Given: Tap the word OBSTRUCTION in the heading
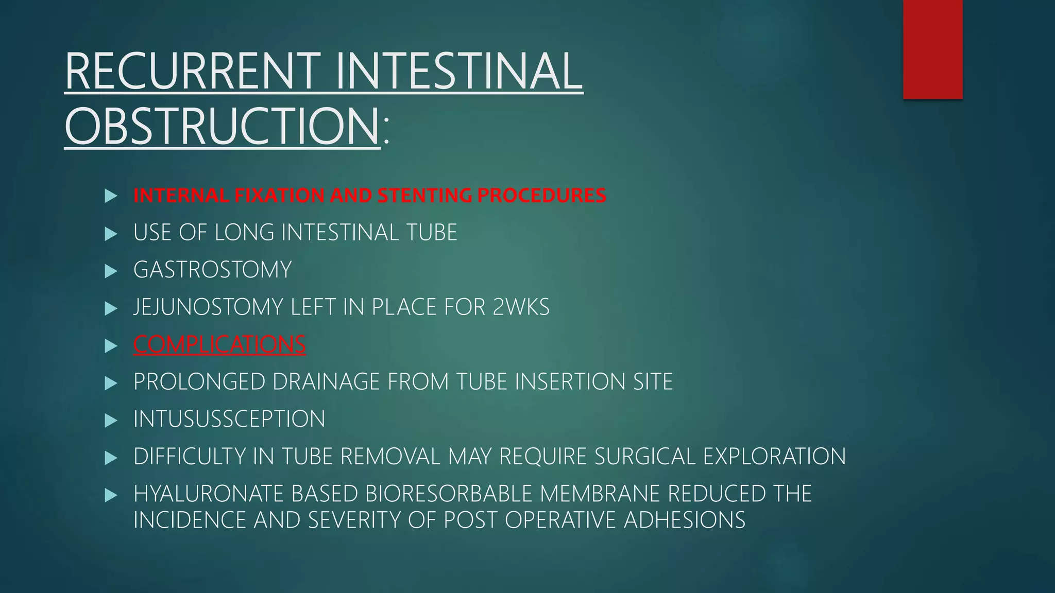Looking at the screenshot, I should click(222, 127).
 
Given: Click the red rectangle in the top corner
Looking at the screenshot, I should click(932, 49).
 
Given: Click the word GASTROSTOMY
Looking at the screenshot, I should click(212, 270).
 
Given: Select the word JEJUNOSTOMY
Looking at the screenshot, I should click(208, 307).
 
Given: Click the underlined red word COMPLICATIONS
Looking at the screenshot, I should click(219, 344).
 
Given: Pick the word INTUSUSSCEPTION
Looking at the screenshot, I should click(229, 419).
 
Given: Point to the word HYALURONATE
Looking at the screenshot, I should click(209, 494).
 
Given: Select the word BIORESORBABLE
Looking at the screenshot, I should click(449, 494).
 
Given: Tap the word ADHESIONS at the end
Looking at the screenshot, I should click(685, 520).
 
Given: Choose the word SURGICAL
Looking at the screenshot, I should click(644, 457).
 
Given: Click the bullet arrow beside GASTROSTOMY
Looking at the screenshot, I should click(111, 271).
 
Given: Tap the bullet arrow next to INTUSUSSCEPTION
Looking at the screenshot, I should click(111, 420).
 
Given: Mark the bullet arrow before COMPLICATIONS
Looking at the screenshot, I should click(111, 345).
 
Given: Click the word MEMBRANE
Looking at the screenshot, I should click(600, 494).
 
